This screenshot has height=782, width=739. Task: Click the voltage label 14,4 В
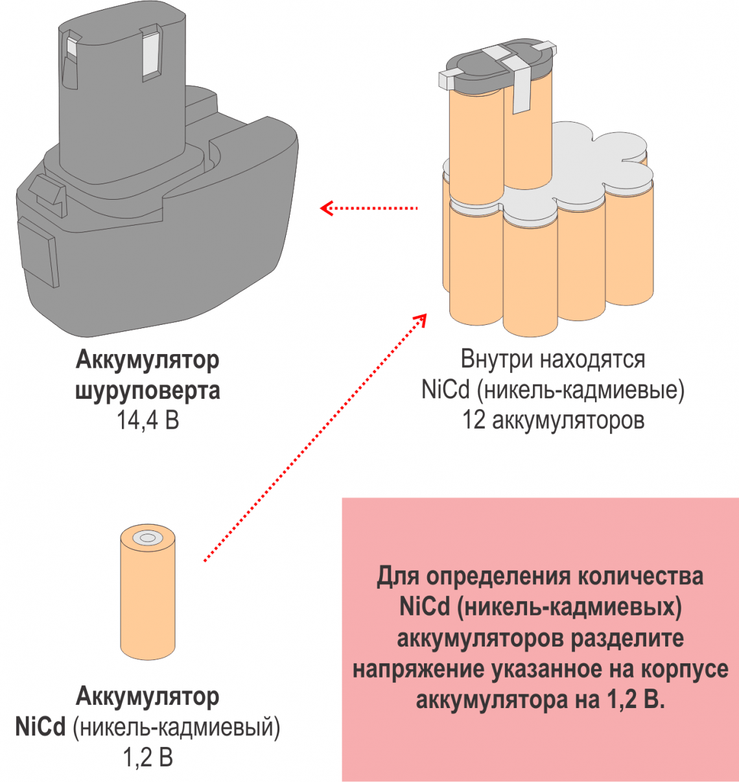tap(148, 421)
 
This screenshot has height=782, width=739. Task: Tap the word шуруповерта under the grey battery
tap(148, 391)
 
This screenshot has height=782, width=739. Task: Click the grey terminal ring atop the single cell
tap(148, 538)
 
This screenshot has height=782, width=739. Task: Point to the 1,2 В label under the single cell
tap(148, 757)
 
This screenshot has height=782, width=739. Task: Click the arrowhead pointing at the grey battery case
tap(327, 208)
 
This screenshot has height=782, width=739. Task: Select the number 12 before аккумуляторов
tap(474, 420)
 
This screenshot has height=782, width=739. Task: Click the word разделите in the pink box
tap(627, 638)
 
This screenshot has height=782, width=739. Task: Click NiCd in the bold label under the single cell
tap(40, 727)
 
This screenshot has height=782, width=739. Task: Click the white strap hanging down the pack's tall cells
tap(522, 91)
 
